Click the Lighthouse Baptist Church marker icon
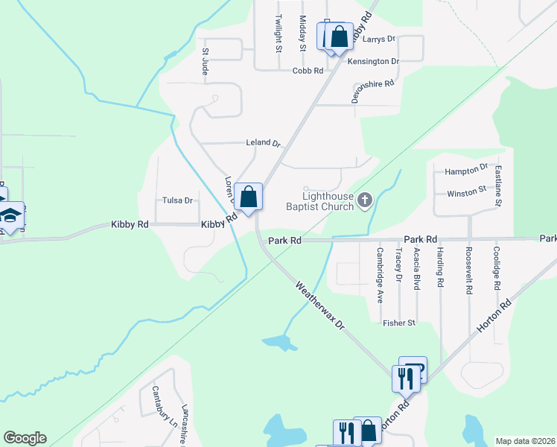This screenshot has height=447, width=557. coord(365,200)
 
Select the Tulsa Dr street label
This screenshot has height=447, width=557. coord(178,200)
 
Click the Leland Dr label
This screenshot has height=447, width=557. coord(263,142)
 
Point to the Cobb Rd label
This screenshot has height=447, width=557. coord(308,71)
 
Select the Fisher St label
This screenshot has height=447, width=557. coord(398,323)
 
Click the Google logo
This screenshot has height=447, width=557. coord(25,437)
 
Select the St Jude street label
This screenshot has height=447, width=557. coord(205,62)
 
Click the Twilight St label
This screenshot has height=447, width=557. coord(278,34)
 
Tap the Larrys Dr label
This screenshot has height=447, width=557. coord(380,38)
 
